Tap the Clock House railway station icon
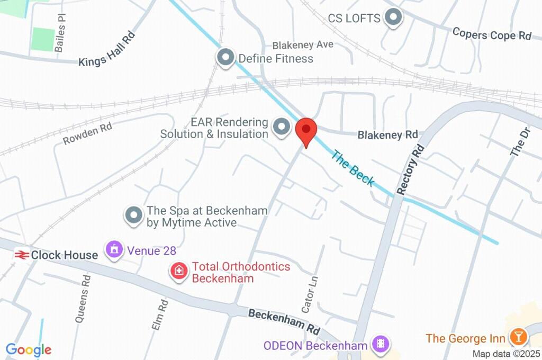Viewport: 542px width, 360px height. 22,255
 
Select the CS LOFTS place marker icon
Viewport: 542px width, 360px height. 393,18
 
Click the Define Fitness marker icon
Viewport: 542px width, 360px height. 226,58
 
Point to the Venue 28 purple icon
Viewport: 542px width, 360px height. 114,250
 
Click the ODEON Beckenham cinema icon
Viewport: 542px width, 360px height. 380,346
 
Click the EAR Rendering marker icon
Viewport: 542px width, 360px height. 281,127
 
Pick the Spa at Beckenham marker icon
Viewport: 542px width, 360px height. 134,216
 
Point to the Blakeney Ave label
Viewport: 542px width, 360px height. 303,45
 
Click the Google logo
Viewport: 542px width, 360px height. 28,349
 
